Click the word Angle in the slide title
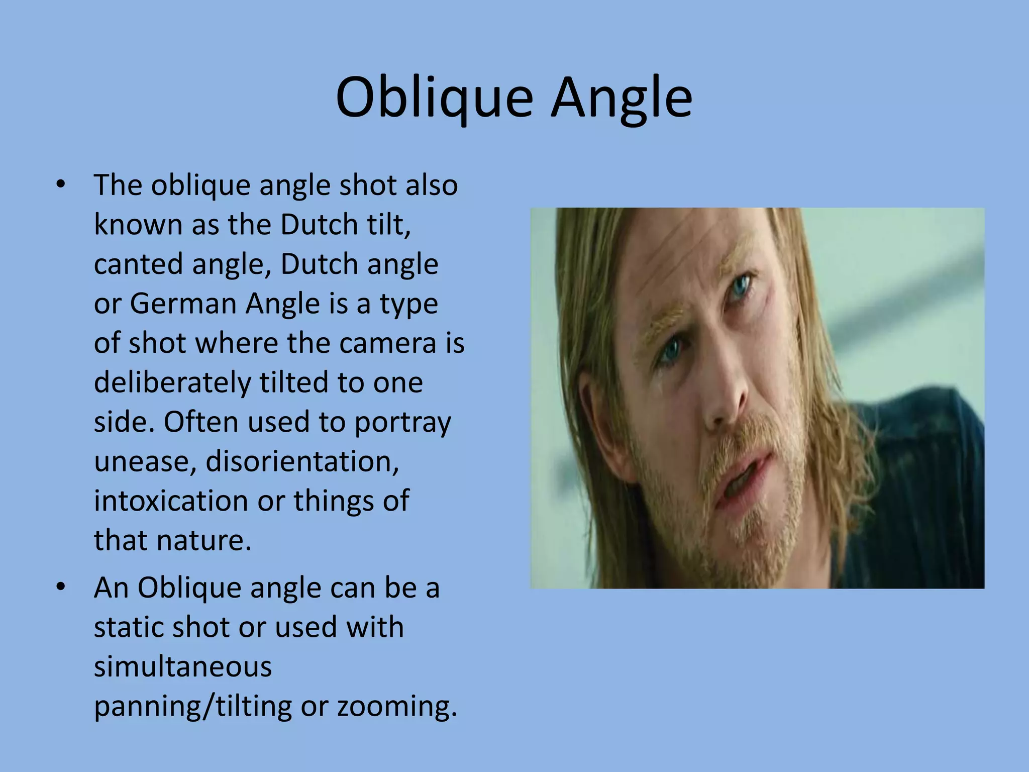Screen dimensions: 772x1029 coord(622,99)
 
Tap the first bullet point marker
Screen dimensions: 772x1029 coord(61,184)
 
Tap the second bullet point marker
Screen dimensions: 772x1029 coord(61,587)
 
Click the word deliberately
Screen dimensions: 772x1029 coord(172,383)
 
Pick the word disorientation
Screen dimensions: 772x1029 coord(302,461)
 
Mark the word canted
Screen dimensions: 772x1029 coord(139,264)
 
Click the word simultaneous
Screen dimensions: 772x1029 coord(183,667)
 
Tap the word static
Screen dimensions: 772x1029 coord(128,627)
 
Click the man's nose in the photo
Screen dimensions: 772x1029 coord(724,402)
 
